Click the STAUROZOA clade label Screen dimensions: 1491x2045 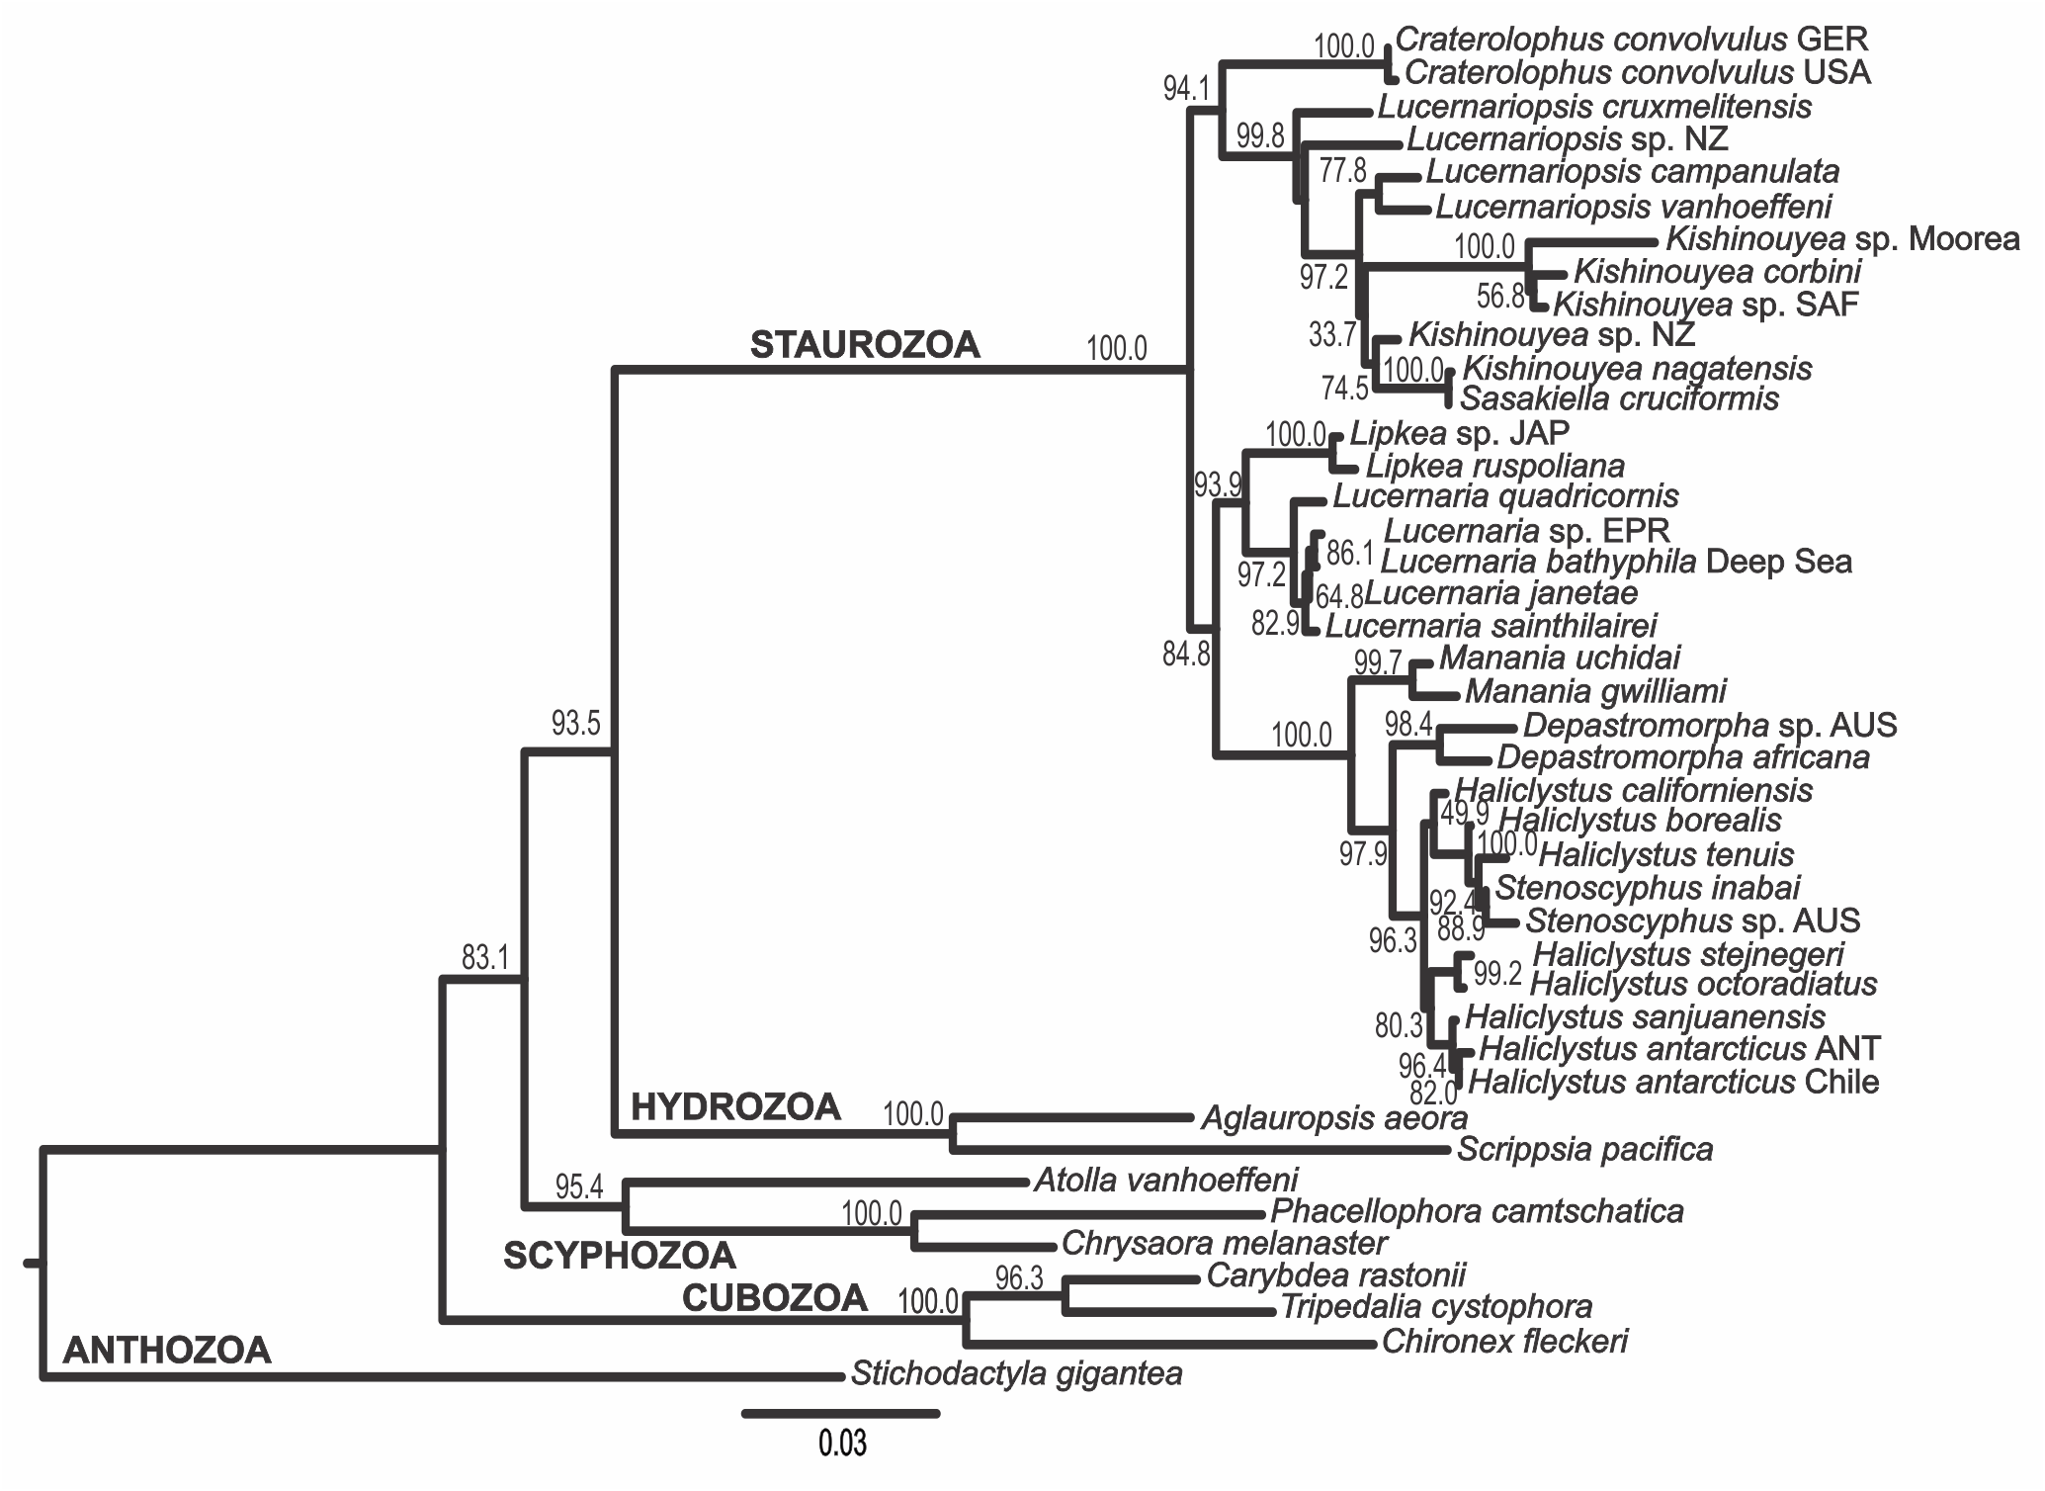tap(865, 345)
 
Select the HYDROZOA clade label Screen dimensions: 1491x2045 tap(735, 1107)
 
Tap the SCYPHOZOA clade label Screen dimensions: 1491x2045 tap(620, 1255)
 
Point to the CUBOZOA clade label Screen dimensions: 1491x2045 tap(775, 1298)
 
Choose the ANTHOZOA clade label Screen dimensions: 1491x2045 tap(166, 1350)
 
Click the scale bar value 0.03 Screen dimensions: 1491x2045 tap(842, 1445)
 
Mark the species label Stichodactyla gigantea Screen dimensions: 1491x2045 tap(1016, 1374)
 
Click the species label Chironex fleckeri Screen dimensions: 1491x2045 tap(1504, 1342)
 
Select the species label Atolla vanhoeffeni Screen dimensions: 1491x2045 tap(1165, 1179)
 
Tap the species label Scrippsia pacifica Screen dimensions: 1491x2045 tap(1584, 1149)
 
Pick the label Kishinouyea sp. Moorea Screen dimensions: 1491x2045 tap(1842, 239)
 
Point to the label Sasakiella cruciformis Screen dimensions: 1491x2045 tap(1619, 398)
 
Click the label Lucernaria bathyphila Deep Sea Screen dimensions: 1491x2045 tap(1616, 562)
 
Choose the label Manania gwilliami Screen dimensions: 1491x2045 tap(1595, 691)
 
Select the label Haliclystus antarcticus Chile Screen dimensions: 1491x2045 tap(1673, 1082)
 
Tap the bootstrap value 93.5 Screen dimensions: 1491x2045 tap(575, 724)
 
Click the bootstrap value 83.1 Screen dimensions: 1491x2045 tap(484, 957)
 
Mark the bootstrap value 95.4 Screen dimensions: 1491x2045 tap(578, 1186)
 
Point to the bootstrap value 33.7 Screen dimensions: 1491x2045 tap(1331, 335)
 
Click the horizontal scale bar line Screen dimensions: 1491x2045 tap(840, 1414)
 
